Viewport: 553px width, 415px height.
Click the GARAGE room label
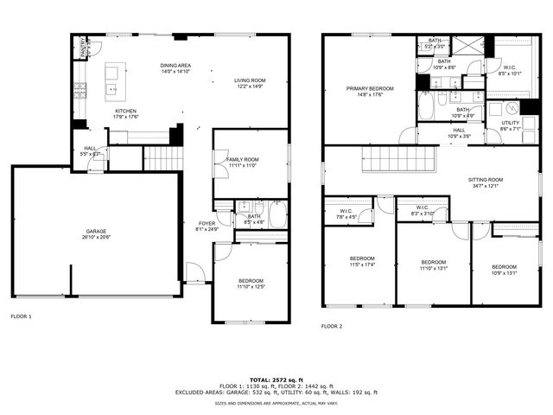click(x=96, y=231)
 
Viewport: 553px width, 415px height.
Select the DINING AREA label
click(x=175, y=67)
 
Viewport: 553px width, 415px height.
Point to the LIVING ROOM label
click(x=250, y=80)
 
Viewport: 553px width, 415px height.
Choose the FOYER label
click(x=200, y=224)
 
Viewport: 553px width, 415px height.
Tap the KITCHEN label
click(x=126, y=111)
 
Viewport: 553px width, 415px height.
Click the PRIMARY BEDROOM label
click(x=370, y=89)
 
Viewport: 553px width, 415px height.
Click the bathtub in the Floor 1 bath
click(x=276, y=215)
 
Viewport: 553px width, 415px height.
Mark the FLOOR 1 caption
click(x=22, y=316)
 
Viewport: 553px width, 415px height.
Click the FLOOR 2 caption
click(x=332, y=326)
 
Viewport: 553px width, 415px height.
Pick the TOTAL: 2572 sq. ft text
click(x=276, y=380)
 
